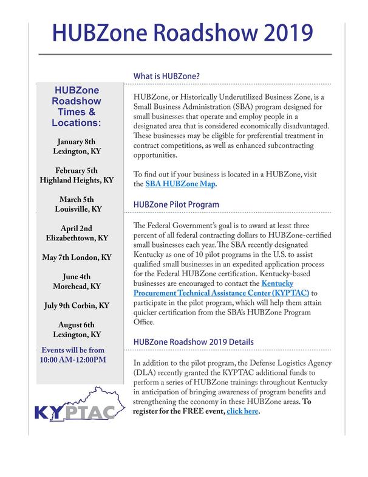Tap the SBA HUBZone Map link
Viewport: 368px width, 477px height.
point(180,184)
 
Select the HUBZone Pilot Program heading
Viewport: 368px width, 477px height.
point(176,204)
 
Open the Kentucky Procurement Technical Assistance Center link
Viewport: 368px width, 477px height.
point(221,287)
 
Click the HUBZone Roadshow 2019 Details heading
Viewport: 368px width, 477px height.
point(193,342)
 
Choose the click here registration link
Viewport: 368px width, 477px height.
point(242,412)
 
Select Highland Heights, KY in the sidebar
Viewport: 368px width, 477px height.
point(77,181)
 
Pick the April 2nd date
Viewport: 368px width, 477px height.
point(77,228)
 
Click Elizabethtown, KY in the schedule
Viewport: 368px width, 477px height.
point(77,238)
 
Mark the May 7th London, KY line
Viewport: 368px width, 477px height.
point(77,257)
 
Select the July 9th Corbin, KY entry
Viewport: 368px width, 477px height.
point(77,305)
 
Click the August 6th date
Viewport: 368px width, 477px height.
point(77,324)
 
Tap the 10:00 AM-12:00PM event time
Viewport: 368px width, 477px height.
point(73,360)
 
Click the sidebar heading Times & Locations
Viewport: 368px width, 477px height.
point(77,112)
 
